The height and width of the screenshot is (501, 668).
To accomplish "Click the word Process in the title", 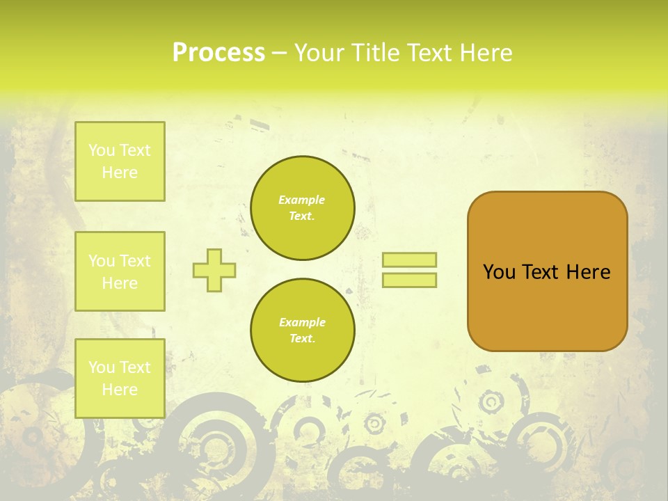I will (x=218, y=53).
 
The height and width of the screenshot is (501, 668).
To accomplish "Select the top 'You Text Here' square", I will (x=120, y=161).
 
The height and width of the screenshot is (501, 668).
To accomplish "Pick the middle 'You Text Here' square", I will (x=120, y=271).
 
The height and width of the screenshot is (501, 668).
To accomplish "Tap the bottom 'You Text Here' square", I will (x=120, y=379).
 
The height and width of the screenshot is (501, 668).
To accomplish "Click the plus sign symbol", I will (x=214, y=270).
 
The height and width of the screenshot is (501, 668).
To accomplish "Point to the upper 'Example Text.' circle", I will (x=302, y=208).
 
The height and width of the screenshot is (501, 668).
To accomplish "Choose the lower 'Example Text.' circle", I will (x=302, y=331).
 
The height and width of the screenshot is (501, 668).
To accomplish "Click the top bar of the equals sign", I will (x=409, y=260).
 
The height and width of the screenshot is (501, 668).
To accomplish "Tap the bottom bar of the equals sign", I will (x=409, y=280).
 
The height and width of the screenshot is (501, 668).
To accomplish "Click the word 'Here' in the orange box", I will (x=588, y=272).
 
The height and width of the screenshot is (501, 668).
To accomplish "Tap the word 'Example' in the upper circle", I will (x=302, y=200).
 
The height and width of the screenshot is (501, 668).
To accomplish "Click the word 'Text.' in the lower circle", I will (x=302, y=339).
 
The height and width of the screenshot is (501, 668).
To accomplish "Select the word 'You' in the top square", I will (x=102, y=150).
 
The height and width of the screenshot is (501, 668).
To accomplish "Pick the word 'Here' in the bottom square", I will (x=120, y=390).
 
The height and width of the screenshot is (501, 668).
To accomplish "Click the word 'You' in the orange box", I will (x=499, y=272).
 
